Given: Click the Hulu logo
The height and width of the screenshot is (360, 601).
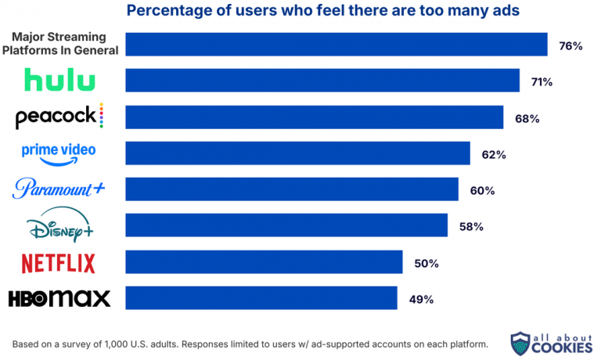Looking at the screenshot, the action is pyautogui.click(x=59, y=80).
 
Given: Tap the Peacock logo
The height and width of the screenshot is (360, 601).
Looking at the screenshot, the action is pyautogui.click(x=59, y=116).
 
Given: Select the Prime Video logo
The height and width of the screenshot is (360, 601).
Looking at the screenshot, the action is pyautogui.click(x=59, y=154).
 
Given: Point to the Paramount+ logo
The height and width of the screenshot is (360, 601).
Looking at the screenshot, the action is pyautogui.click(x=58, y=189).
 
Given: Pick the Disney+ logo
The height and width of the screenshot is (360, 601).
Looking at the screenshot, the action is pyautogui.click(x=59, y=225).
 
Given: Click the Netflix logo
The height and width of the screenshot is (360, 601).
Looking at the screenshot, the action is pyautogui.click(x=58, y=264).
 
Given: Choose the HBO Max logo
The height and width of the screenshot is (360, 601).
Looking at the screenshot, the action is pyautogui.click(x=59, y=299).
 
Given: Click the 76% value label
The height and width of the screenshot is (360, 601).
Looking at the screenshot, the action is pyautogui.click(x=570, y=46).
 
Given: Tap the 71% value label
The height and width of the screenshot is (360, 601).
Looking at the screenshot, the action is pyautogui.click(x=542, y=82).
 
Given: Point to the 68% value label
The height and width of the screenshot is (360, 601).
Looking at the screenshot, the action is pyautogui.click(x=527, y=119).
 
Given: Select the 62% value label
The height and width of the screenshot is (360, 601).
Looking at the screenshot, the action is pyautogui.click(x=494, y=155).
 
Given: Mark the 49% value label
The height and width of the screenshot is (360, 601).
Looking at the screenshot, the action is pyautogui.click(x=421, y=300).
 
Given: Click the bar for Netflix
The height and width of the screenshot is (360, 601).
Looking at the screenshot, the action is pyautogui.click(x=264, y=262).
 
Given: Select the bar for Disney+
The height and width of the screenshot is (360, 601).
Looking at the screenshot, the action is pyautogui.click(x=286, y=225).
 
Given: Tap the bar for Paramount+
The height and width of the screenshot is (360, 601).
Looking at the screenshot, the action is pyautogui.click(x=292, y=189).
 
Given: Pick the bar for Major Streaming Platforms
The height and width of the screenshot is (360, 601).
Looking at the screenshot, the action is pyautogui.click(x=336, y=45).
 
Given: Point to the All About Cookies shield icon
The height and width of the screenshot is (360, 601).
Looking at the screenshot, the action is pyautogui.click(x=520, y=344).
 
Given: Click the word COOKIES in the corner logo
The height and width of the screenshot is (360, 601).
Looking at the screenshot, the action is pyautogui.click(x=562, y=347).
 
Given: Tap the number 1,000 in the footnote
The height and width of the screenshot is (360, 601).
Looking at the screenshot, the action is pyautogui.click(x=116, y=344).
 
